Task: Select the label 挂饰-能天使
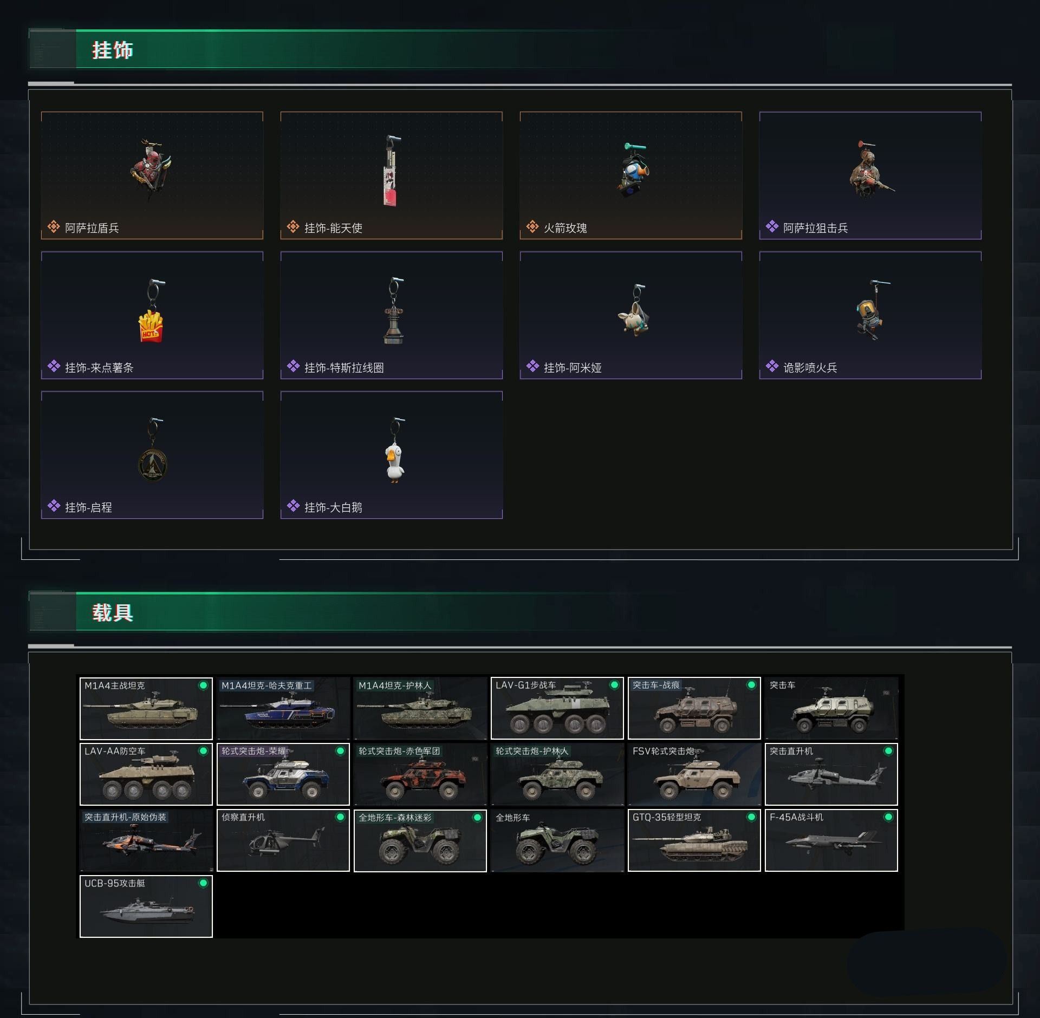tap(333, 228)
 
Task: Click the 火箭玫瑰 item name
tap(565, 228)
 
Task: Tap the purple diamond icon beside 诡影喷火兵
tap(772, 367)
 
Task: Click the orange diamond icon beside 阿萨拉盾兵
tap(54, 227)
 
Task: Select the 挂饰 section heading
tap(113, 50)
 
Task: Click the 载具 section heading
tap(113, 613)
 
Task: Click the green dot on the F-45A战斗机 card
tap(888, 817)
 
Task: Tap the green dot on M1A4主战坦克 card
tap(203, 686)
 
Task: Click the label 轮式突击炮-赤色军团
tap(399, 751)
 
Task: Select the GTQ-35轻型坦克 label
tap(666, 817)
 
